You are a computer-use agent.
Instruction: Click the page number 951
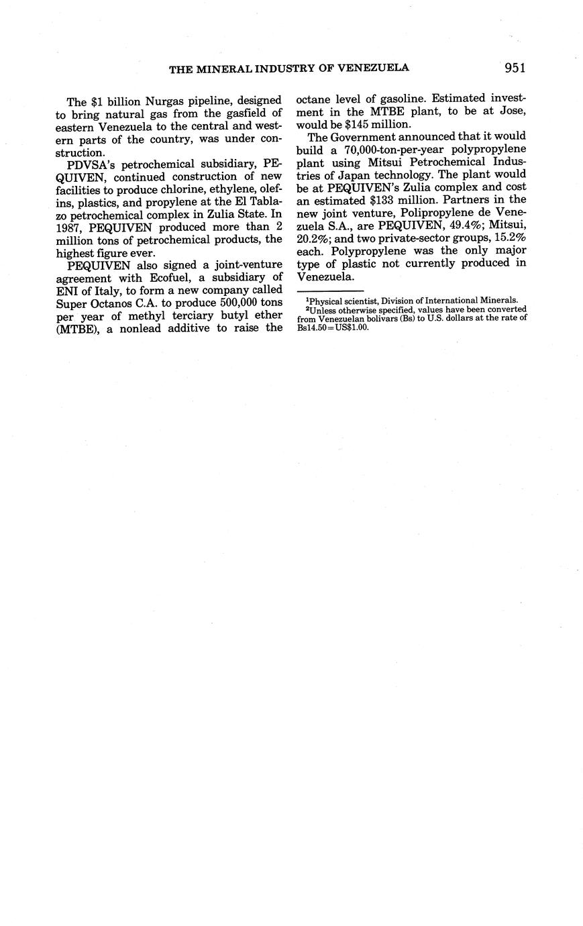click(x=511, y=67)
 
